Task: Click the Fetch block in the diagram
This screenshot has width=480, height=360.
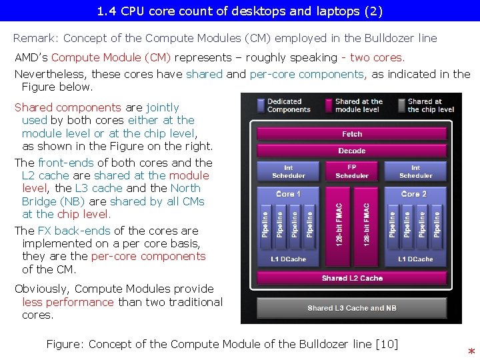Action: click(352, 135)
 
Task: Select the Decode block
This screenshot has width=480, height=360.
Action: click(352, 151)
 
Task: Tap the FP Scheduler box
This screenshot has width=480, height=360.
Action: click(352, 171)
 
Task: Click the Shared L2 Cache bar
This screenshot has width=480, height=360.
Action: click(352, 278)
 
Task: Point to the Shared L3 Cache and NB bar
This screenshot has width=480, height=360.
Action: click(352, 308)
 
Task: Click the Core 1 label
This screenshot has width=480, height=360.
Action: click(288, 194)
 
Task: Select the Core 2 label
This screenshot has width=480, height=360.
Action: click(414, 194)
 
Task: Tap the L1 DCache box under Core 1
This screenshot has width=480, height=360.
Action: click(288, 259)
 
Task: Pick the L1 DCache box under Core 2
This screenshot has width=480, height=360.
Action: click(415, 259)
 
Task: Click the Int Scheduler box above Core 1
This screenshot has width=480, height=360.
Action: click(288, 171)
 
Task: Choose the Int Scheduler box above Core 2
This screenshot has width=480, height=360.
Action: click(415, 171)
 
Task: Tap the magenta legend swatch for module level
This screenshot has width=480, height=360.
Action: click(329, 105)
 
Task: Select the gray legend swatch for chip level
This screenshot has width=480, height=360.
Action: click(401, 105)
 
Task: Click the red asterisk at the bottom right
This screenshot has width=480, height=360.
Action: click(471, 351)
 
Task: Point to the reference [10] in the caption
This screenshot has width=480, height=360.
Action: click(387, 344)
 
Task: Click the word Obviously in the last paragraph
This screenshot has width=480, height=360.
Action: click(41, 289)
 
